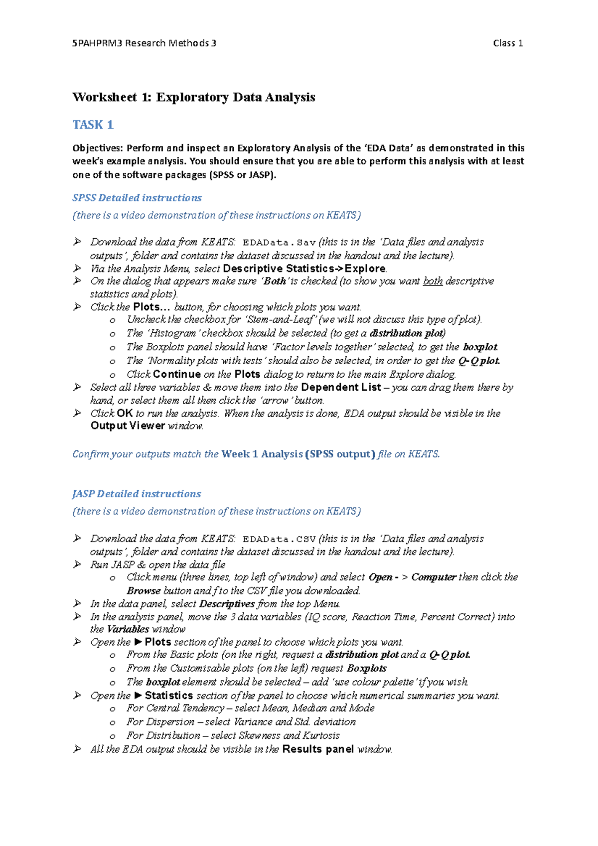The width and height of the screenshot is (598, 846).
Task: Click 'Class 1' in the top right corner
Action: coord(507,43)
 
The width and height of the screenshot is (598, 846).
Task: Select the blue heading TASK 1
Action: coord(93,125)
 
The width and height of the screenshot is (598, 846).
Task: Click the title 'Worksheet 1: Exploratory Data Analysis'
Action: coord(193,97)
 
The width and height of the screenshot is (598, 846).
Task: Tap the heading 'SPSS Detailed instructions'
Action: coord(137,198)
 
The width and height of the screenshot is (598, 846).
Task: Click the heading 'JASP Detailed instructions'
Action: coord(137,494)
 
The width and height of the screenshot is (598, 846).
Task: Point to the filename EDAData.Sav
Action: coord(279,243)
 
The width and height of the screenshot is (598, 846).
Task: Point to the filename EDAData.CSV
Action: coord(279,539)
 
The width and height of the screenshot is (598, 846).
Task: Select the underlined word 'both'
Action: coord(433,281)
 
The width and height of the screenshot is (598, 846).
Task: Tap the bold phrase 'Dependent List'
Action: coord(341,387)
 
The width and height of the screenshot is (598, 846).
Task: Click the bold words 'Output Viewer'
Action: coord(128,426)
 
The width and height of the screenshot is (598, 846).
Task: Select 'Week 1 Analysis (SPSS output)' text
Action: coord(298,454)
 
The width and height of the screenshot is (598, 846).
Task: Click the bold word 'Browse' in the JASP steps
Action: coord(143,591)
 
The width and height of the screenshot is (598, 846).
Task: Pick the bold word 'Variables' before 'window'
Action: coord(128,629)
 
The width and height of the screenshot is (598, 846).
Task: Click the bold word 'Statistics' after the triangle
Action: coord(168,696)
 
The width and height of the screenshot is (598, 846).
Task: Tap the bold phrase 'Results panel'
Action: coord(317,749)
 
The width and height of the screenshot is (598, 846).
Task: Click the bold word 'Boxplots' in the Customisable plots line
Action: coord(366,668)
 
